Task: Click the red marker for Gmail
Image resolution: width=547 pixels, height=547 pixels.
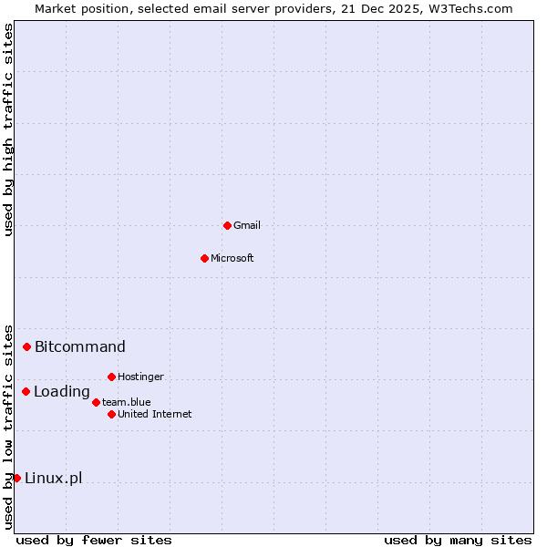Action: tap(227, 225)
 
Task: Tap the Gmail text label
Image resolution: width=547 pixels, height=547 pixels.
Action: tap(246, 225)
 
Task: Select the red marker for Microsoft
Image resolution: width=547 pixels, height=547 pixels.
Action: tap(204, 258)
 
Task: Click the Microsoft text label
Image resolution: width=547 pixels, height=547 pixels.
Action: tap(232, 258)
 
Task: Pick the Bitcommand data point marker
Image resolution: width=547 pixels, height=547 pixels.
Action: tap(27, 346)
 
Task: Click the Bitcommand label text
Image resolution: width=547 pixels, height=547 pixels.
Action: tap(79, 346)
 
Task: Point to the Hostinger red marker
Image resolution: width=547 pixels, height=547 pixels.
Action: tap(111, 377)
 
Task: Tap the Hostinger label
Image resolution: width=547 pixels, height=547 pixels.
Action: tap(140, 377)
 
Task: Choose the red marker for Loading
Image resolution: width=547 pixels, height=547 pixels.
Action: tap(26, 391)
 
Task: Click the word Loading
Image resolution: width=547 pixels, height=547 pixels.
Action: tap(61, 392)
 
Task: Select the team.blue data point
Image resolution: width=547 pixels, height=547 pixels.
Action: tap(96, 402)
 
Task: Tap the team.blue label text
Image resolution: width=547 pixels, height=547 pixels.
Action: tap(126, 402)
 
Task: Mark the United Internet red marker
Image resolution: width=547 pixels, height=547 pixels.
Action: tap(111, 414)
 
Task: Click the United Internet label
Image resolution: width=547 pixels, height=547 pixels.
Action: tap(154, 414)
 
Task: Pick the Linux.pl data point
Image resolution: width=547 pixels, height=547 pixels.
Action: tap(16, 478)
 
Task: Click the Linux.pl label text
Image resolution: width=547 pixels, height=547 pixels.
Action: tap(53, 479)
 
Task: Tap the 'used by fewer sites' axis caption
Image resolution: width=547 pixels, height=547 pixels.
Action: tap(94, 540)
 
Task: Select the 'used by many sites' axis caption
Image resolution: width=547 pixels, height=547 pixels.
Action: tap(458, 540)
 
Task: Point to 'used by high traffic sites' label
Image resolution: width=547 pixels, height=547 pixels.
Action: tap(8, 129)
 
